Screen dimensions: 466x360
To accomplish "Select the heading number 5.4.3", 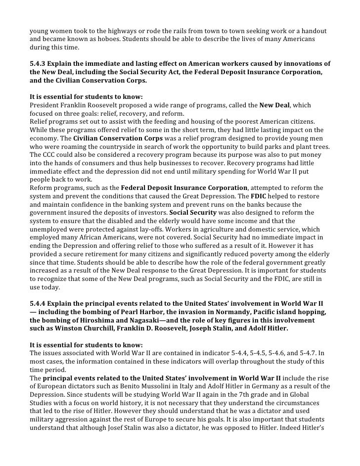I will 39,64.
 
